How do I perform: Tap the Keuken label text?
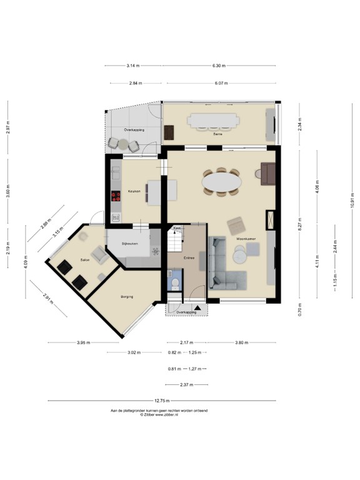coord(134,191)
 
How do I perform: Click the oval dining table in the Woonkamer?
coord(221,182)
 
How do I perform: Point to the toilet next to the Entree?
coord(174,283)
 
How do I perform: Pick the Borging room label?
coord(127,297)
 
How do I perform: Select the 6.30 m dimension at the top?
coord(218,65)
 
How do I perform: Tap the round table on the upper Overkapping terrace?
coord(123,144)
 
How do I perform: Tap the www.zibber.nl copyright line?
coord(159,415)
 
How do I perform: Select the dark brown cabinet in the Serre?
coord(169,132)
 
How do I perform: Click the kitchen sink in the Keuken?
coord(116,217)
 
